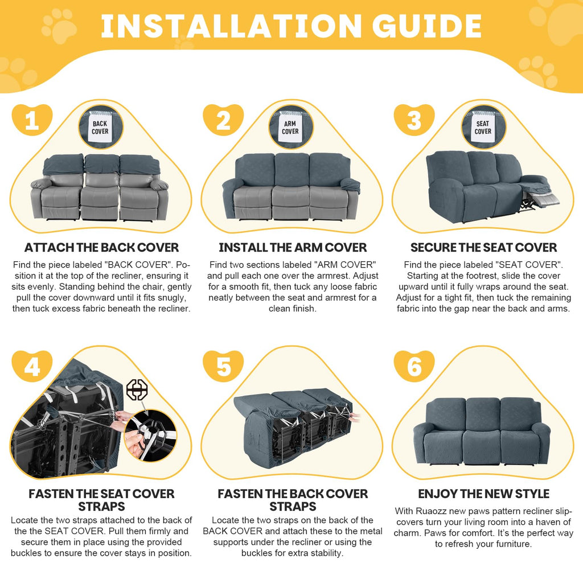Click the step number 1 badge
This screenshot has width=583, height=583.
click(x=32, y=120)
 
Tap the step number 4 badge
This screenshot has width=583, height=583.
click(x=32, y=366)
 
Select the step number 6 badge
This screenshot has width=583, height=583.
click(x=414, y=366)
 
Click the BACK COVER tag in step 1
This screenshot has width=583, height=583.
click(x=100, y=127)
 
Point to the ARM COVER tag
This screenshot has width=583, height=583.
click(x=290, y=127)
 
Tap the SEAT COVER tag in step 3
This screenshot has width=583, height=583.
click(x=483, y=127)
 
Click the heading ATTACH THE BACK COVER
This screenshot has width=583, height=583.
click(x=101, y=247)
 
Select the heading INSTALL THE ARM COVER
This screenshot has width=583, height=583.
click(x=293, y=247)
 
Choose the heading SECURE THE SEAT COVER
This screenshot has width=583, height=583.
click(x=484, y=247)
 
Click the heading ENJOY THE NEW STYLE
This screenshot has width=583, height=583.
click(x=484, y=494)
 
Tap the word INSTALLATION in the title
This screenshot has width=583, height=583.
click(x=231, y=26)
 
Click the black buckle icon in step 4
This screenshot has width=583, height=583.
click(x=137, y=389)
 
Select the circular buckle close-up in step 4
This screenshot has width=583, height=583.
click(x=150, y=436)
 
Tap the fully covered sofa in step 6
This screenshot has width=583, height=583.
click(x=482, y=432)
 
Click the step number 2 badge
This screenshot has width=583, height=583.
click(x=223, y=120)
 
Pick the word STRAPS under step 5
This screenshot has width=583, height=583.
click(x=293, y=506)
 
